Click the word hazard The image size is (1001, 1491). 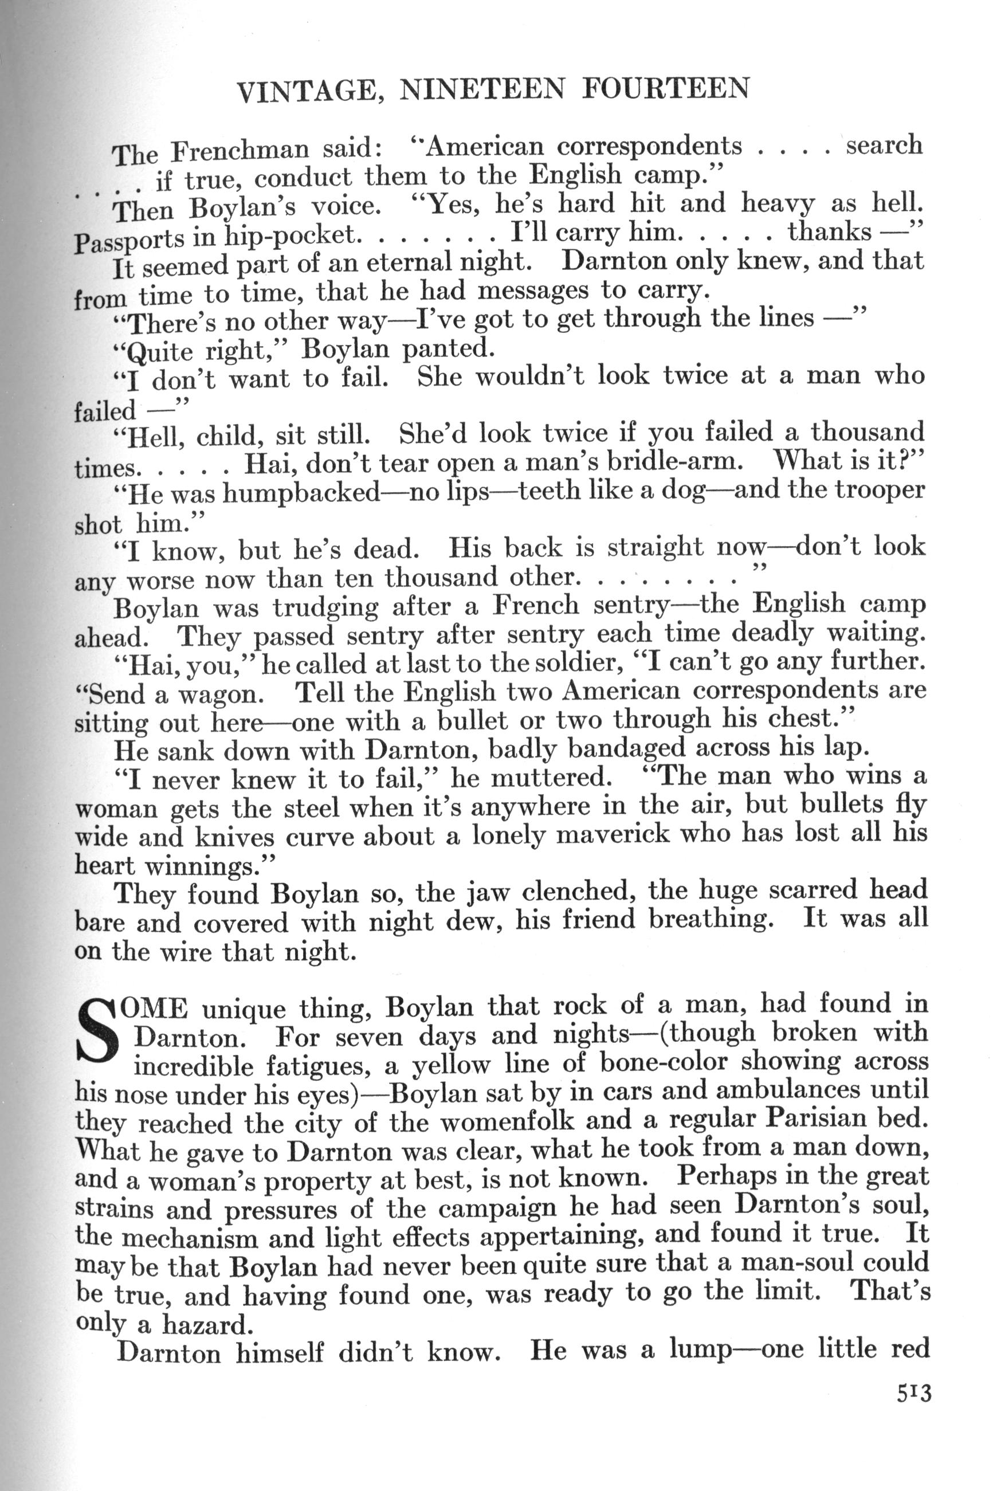(x=207, y=1325)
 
